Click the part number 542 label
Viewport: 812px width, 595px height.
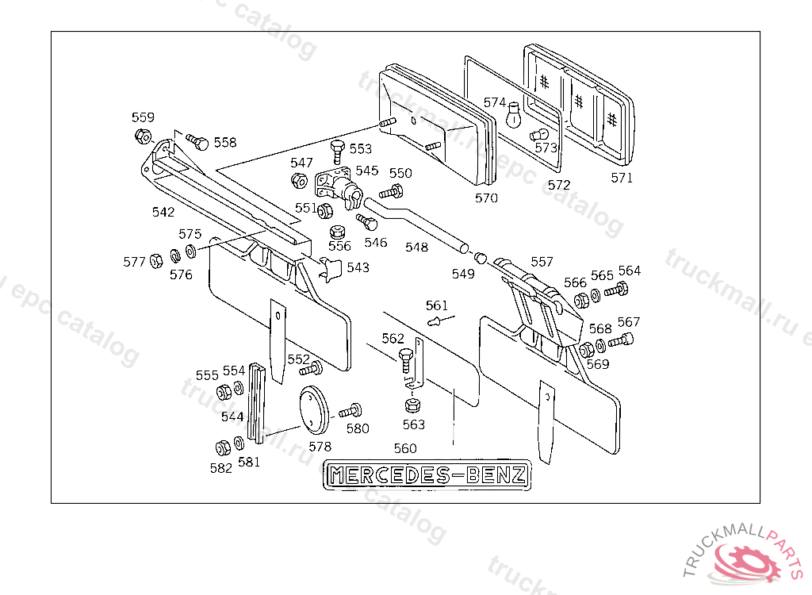pyautogui.click(x=163, y=212)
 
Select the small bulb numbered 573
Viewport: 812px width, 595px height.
pyautogui.click(x=538, y=134)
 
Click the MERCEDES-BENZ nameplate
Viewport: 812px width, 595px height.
pyautogui.click(x=428, y=474)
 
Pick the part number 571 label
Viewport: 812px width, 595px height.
pyautogui.click(x=622, y=178)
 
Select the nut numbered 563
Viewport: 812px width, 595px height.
pyautogui.click(x=412, y=405)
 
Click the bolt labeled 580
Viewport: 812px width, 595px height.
pyautogui.click(x=350, y=412)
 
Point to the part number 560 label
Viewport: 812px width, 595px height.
pyautogui.click(x=404, y=448)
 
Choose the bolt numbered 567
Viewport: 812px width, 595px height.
pyautogui.click(x=621, y=342)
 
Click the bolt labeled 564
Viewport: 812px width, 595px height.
pyautogui.click(x=615, y=291)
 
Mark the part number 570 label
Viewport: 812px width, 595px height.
pyautogui.click(x=486, y=198)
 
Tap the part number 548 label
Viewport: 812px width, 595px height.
pyautogui.click(x=416, y=247)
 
